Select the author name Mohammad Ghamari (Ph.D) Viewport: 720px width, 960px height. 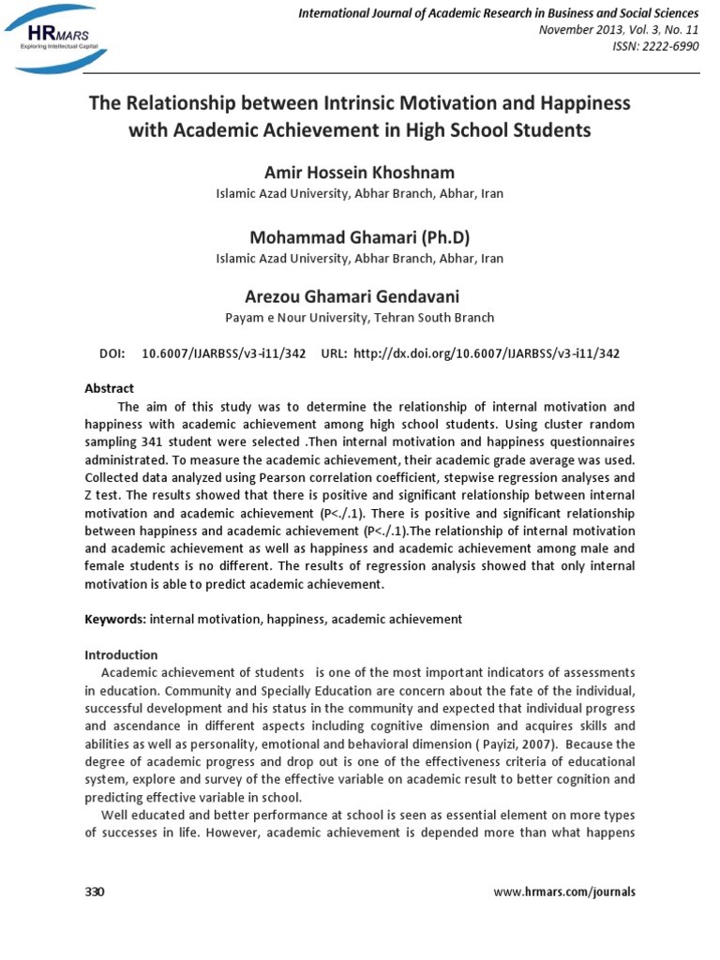click(x=360, y=236)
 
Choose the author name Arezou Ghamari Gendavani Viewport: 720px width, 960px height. click(x=360, y=297)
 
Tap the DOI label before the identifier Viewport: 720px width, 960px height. click(x=112, y=353)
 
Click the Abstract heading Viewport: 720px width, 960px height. click(x=110, y=388)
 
